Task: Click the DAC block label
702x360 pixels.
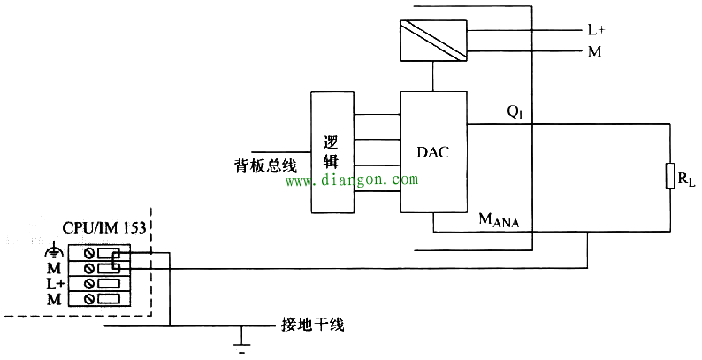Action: click(x=433, y=152)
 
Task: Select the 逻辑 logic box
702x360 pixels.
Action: click(x=332, y=152)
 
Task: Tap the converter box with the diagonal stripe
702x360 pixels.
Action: click(x=433, y=41)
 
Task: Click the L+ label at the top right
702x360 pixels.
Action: click(x=596, y=30)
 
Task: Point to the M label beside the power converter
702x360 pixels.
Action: click(x=594, y=52)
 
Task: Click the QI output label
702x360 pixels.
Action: click(x=515, y=112)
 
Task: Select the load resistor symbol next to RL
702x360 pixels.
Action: click(x=670, y=176)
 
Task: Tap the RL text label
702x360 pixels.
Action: click(x=687, y=180)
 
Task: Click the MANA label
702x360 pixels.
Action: click(x=500, y=220)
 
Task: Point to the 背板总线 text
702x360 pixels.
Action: click(x=265, y=166)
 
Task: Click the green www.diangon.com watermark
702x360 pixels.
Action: click(x=352, y=180)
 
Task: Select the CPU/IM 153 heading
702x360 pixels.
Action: click(x=103, y=227)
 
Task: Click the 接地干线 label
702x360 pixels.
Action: click(x=312, y=325)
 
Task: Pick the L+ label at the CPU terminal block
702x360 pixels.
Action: click(x=55, y=283)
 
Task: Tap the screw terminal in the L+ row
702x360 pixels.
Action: click(x=88, y=283)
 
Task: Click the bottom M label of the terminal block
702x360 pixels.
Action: click(x=54, y=299)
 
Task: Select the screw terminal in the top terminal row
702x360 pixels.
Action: click(x=88, y=254)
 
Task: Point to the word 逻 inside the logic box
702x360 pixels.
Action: click(x=332, y=142)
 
